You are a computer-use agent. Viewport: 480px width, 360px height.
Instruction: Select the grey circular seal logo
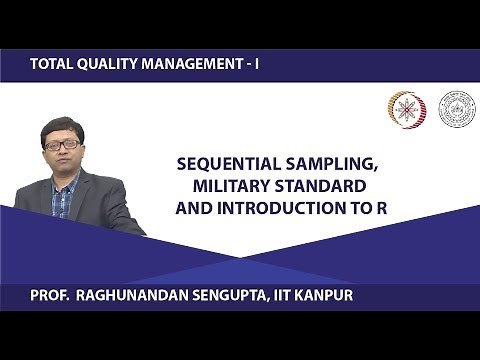click(458, 109)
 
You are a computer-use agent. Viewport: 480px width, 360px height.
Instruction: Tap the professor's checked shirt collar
click(63, 181)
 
